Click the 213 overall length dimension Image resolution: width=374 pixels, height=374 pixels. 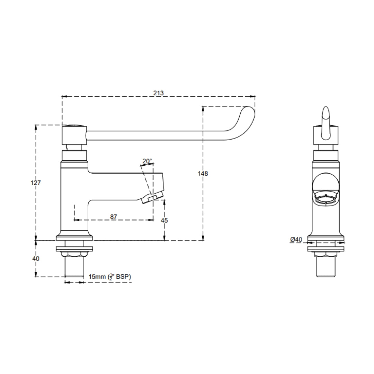point(158,93)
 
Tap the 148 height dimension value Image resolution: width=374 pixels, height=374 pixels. point(203,173)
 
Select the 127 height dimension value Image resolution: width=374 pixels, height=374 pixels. point(36,183)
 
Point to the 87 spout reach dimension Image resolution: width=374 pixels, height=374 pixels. point(114,216)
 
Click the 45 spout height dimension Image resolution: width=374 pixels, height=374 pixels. point(164,220)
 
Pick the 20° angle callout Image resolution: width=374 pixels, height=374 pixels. point(147,161)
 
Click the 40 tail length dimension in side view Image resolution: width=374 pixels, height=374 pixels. point(36,258)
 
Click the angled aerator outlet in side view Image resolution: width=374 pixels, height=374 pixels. point(153,198)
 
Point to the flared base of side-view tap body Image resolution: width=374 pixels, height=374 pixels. point(74,237)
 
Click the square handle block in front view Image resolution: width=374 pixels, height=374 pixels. point(326,136)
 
